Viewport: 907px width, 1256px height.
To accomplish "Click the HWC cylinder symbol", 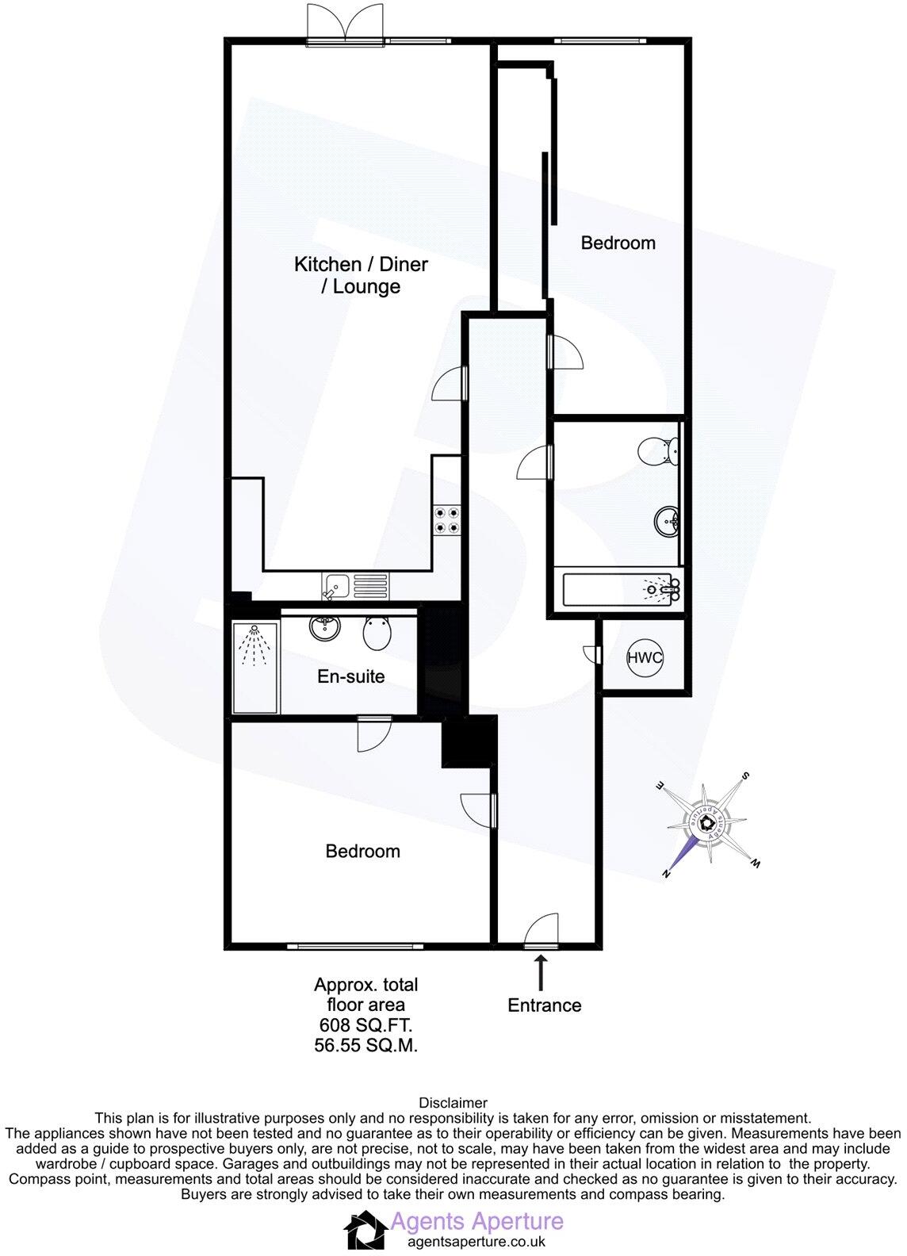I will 644,657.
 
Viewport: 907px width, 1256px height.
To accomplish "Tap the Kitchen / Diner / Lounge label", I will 361,274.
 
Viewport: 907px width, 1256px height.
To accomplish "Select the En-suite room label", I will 350,676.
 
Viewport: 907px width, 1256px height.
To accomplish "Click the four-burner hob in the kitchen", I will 446,519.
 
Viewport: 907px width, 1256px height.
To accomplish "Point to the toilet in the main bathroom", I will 660,451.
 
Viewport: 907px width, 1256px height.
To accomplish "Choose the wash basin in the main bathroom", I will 667,522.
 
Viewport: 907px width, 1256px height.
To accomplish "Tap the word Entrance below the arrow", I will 545,1005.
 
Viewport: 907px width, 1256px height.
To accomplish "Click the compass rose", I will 708,824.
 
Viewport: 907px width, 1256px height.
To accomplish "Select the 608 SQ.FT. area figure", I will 365,1026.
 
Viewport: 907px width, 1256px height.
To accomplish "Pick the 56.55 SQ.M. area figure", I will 365,1046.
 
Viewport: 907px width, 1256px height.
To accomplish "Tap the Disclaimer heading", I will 453,1103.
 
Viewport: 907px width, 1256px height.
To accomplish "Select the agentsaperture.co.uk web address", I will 476,1243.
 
